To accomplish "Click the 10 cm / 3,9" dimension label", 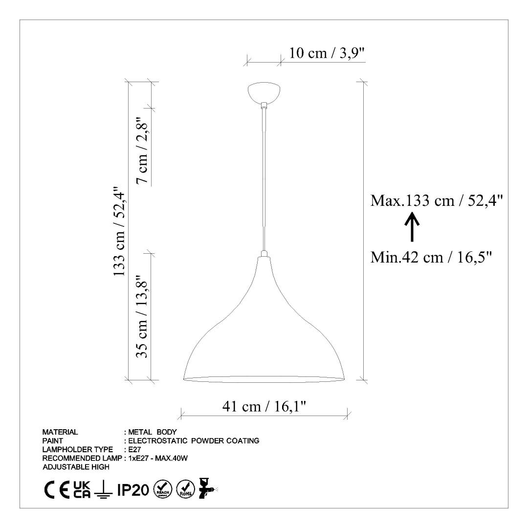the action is click(x=327, y=53).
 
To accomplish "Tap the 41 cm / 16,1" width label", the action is click(x=264, y=406).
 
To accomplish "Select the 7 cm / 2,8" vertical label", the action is click(x=142, y=150).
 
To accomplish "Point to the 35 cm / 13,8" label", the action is click(x=142, y=317).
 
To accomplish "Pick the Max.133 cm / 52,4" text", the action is click(x=437, y=201).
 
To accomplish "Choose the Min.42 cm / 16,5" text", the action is click(x=431, y=258).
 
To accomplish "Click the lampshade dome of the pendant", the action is click(x=264, y=319).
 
